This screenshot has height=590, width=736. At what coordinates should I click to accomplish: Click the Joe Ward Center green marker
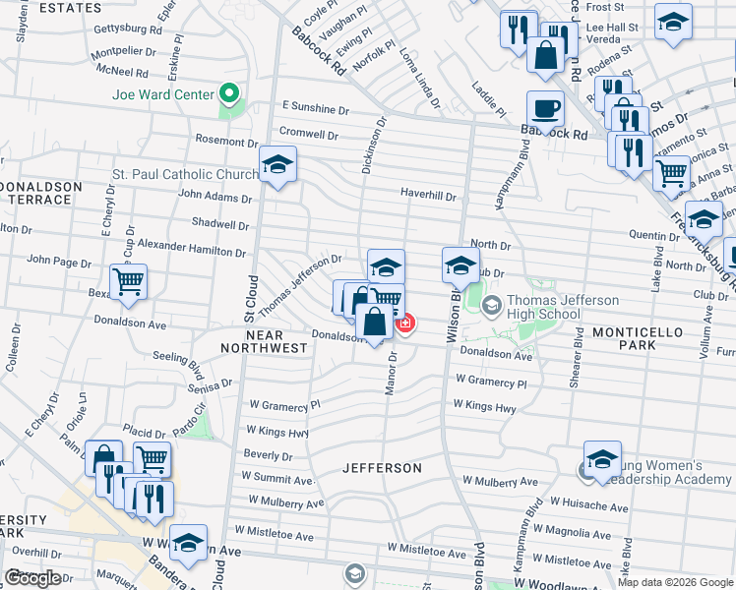coord(230,94)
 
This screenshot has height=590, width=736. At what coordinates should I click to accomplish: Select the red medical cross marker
coord(404,323)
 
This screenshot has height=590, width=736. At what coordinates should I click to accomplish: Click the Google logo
coord(32,578)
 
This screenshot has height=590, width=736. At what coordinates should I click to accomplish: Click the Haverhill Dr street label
coord(428,196)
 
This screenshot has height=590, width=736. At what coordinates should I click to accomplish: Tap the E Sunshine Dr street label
coord(315,106)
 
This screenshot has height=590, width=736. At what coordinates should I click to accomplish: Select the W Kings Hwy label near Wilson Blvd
coord(484,406)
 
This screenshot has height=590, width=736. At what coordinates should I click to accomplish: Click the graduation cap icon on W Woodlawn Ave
coord(188,543)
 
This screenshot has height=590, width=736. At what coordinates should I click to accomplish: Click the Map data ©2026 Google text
coord(675,582)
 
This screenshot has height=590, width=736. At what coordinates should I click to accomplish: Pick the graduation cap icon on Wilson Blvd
coord(460,265)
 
